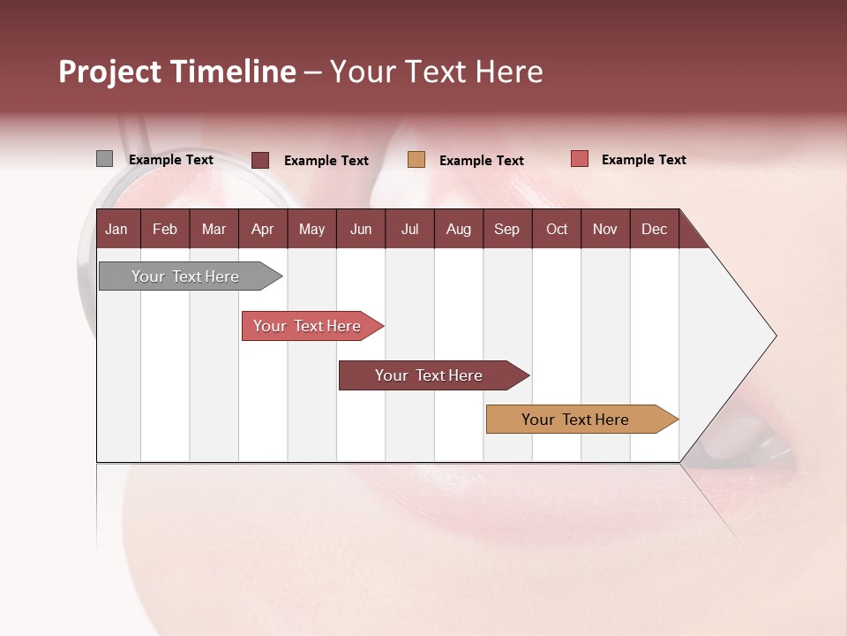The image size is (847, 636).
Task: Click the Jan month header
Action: pyautogui.click(x=116, y=230)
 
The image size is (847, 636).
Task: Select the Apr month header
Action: pyautogui.click(x=262, y=230)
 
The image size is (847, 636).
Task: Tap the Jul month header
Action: pyautogui.click(x=409, y=230)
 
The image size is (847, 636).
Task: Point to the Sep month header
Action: pyautogui.click(x=506, y=230)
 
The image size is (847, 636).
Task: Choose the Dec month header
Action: pyautogui.click(x=654, y=230)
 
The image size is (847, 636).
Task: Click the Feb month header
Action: pyautogui.click(x=165, y=230)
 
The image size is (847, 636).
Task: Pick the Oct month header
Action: pyautogui.click(x=557, y=230)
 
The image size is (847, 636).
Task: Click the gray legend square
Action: pyautogui.click(x=104, y=159)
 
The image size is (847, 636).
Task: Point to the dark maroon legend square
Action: pyautogui.click(x=259, y=160)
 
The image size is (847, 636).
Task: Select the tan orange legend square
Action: pyautogui.click(x=416, y=160)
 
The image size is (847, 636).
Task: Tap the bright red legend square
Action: pyautogui.click(x=579, y=159)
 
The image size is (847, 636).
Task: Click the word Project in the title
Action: pyautogui.click(x=110, y=72)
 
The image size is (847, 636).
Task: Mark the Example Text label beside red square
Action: pyautogui.click(x=643, y=160)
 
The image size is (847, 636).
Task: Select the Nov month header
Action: pyautogui.click(x=605, y=230)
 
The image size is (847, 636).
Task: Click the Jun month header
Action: pyautogui.click(x=361, y=230)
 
